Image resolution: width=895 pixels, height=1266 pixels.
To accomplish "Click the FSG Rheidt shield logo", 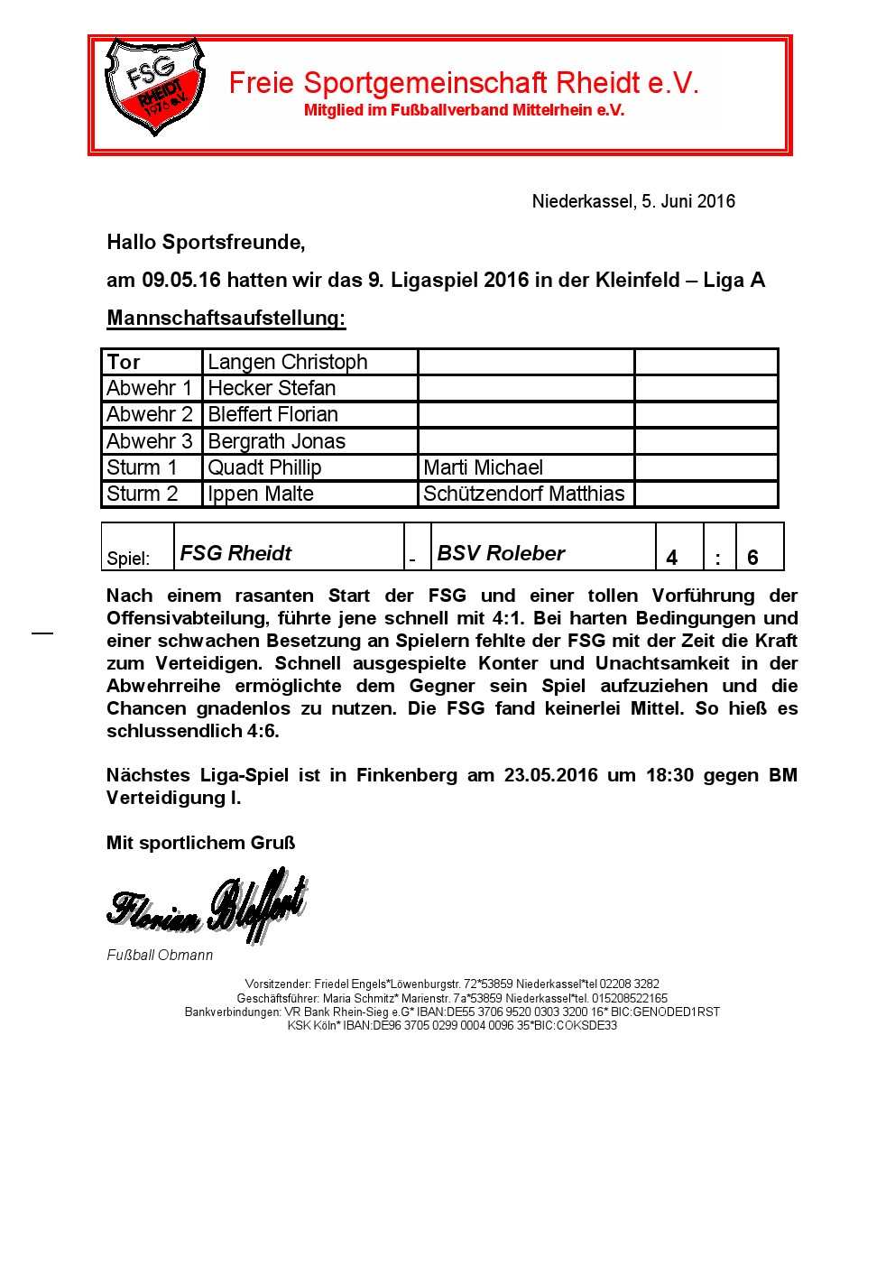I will click(154, 87).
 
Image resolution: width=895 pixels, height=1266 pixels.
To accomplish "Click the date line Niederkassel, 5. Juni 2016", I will click(633, 201).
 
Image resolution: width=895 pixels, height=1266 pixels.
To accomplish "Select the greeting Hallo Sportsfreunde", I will click(206, 242).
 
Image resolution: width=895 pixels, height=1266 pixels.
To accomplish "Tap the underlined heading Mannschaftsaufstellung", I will click(226, 319).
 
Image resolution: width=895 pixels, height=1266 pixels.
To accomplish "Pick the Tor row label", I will click(124, 362).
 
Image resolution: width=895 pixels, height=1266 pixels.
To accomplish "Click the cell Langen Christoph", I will click(288, 362).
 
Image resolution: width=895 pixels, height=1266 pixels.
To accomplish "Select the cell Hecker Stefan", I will click(272, 388).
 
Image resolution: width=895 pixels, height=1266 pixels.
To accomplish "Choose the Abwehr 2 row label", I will click(150, 414).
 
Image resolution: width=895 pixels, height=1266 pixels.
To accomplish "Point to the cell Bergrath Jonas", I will click(276, 441).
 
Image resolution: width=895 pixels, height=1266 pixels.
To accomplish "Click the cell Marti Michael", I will click(484, 467).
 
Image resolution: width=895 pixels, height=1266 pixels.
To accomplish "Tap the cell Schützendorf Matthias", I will click(524, 494).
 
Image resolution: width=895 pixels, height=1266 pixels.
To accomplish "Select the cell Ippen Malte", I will click(261, 494).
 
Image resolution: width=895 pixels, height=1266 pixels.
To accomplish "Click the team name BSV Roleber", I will click(501, 553).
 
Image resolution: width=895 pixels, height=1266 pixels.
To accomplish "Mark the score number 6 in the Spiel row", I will click(752, 558).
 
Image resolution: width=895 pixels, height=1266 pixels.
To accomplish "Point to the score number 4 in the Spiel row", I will click(672, 558).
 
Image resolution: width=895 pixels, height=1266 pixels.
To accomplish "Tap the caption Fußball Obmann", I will click(160, 955).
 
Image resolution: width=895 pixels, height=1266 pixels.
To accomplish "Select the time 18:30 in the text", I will click(669, 775).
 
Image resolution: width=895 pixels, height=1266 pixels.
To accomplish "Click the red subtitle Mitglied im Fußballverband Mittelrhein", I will click(464, 110).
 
